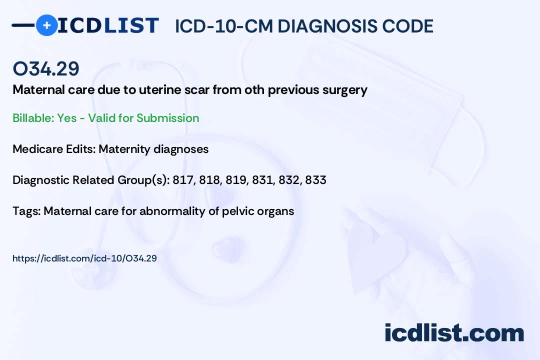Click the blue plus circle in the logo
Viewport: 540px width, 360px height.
[47, 25]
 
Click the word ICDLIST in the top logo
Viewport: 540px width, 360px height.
[108, 25]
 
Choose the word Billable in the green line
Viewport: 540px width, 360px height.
[33, 118]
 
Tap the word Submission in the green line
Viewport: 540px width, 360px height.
[167, 118]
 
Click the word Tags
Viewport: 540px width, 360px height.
[27, 211]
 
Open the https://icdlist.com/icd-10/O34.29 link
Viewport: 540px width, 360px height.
[84, 258]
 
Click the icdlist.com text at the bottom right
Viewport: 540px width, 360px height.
[454, 333]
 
